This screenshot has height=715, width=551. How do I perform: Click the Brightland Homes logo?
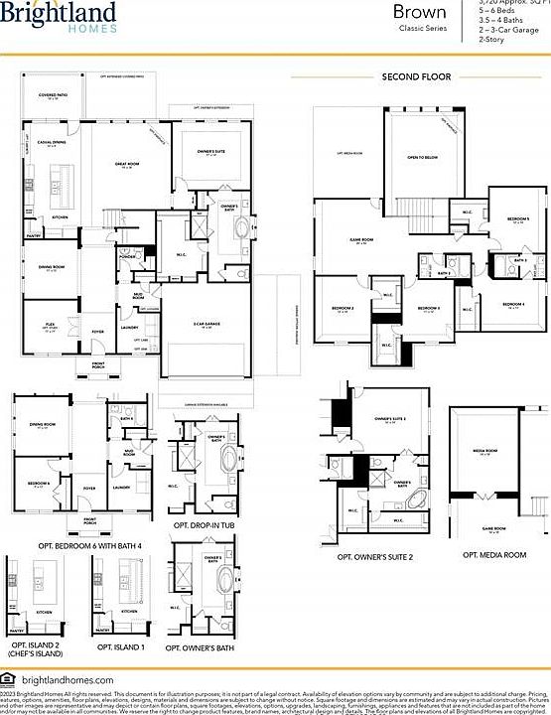[60, 18]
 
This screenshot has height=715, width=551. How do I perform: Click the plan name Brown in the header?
[418, 13]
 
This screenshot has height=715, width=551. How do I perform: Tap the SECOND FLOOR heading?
[416, 76]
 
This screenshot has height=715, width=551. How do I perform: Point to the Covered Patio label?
[54, 95]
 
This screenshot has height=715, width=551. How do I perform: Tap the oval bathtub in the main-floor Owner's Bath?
[242, 228]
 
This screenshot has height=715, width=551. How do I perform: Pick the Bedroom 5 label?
[517, 218]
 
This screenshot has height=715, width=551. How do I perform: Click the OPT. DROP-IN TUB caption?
[203, 523]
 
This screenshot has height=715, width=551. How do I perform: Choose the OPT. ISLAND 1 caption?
[121, 646]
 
